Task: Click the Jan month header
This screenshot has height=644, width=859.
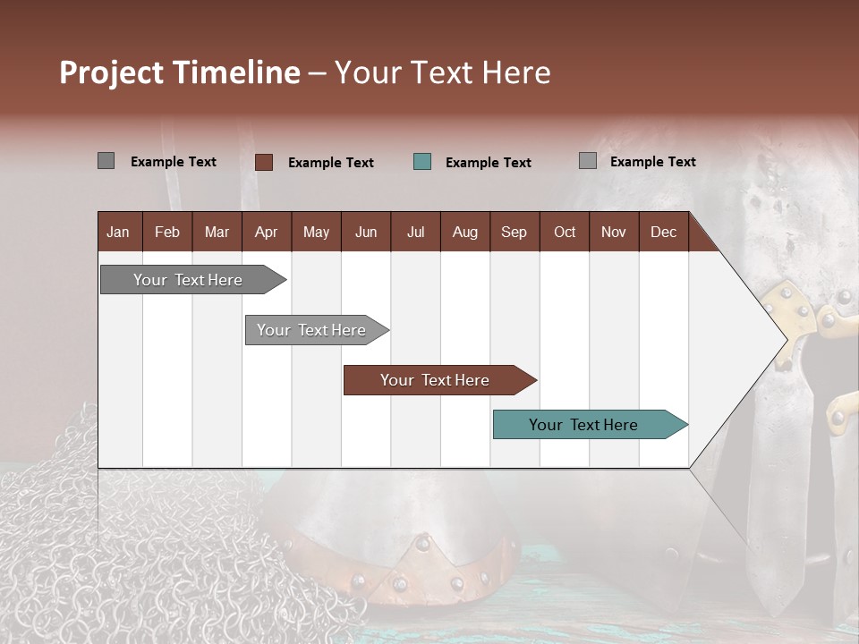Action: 118,232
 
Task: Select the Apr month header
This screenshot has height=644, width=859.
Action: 266,232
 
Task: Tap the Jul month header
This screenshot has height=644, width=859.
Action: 415,232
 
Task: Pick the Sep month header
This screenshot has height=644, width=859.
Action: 514,232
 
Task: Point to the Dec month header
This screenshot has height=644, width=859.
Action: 663,232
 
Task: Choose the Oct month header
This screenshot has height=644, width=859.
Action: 565,232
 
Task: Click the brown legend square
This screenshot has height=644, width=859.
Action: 263,162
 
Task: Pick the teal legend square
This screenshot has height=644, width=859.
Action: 422,162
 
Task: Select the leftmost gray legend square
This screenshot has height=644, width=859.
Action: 106,161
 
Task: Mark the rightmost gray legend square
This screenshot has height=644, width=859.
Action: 587,161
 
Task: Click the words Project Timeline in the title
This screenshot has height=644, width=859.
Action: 179,72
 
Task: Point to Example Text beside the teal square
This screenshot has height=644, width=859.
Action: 488,163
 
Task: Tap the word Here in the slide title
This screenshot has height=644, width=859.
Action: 516,72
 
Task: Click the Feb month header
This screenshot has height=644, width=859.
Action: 167,232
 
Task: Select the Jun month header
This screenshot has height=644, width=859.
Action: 365,232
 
